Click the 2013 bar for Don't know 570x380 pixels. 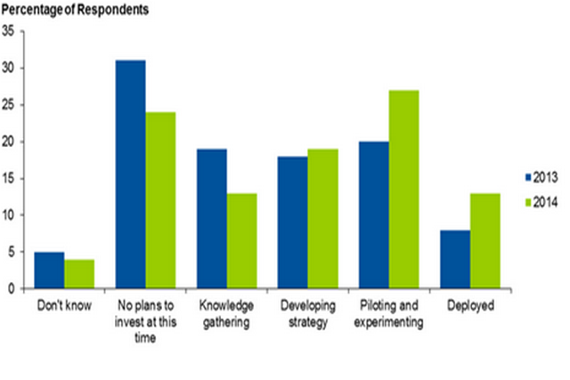coord(49,271)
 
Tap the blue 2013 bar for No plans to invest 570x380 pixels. coord(130,174)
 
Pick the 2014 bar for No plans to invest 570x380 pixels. coord(161,200)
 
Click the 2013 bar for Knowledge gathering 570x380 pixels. coord(211,219)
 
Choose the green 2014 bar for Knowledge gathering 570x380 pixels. coord(242,241)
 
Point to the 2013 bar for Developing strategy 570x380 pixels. coord(292,222)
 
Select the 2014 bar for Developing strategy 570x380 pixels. coord(323,219)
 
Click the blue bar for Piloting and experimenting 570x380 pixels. coord(373,215)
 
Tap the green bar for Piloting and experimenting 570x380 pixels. coord(404,190)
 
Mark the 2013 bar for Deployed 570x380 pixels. coord(454,259)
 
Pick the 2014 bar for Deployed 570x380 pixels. coord(485,241)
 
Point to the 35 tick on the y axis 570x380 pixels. coord(8,31)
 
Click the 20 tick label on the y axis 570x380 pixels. coord(8,141)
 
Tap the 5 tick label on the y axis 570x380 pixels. coord(11,252)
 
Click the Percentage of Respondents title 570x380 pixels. coord(75,11)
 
